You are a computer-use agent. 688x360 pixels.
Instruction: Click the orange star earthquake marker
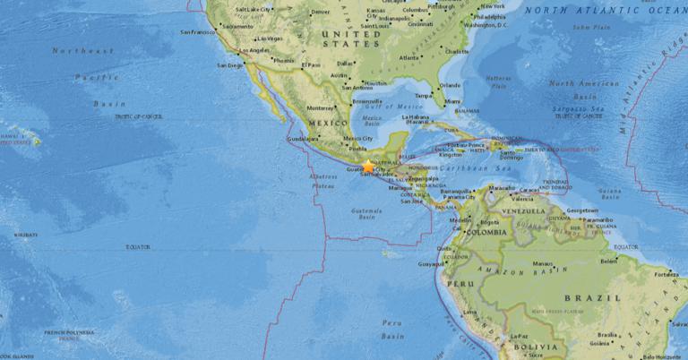click(x=368, y=167)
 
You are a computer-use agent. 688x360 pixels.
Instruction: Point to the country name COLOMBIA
click(x=494, y=227)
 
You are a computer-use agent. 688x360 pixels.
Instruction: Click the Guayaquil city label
click(x=430, y=264)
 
